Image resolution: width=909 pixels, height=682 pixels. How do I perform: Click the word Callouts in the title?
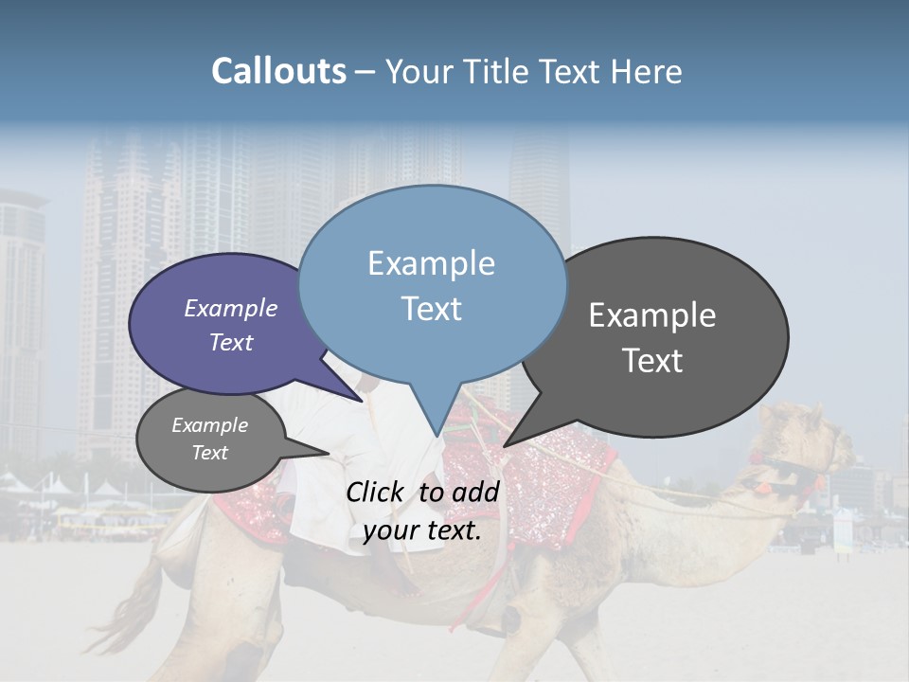(x=278, y=71)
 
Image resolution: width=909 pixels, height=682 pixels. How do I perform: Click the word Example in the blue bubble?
(x=431, y=263)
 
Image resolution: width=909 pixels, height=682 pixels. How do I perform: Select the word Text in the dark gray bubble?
(x=652, y=361)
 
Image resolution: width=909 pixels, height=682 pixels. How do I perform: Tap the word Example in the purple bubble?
(x=230, y=308)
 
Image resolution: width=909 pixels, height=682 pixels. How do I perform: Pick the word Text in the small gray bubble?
(x=209, y=453)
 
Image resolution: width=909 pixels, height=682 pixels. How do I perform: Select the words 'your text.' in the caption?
(x=422, y=530)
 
